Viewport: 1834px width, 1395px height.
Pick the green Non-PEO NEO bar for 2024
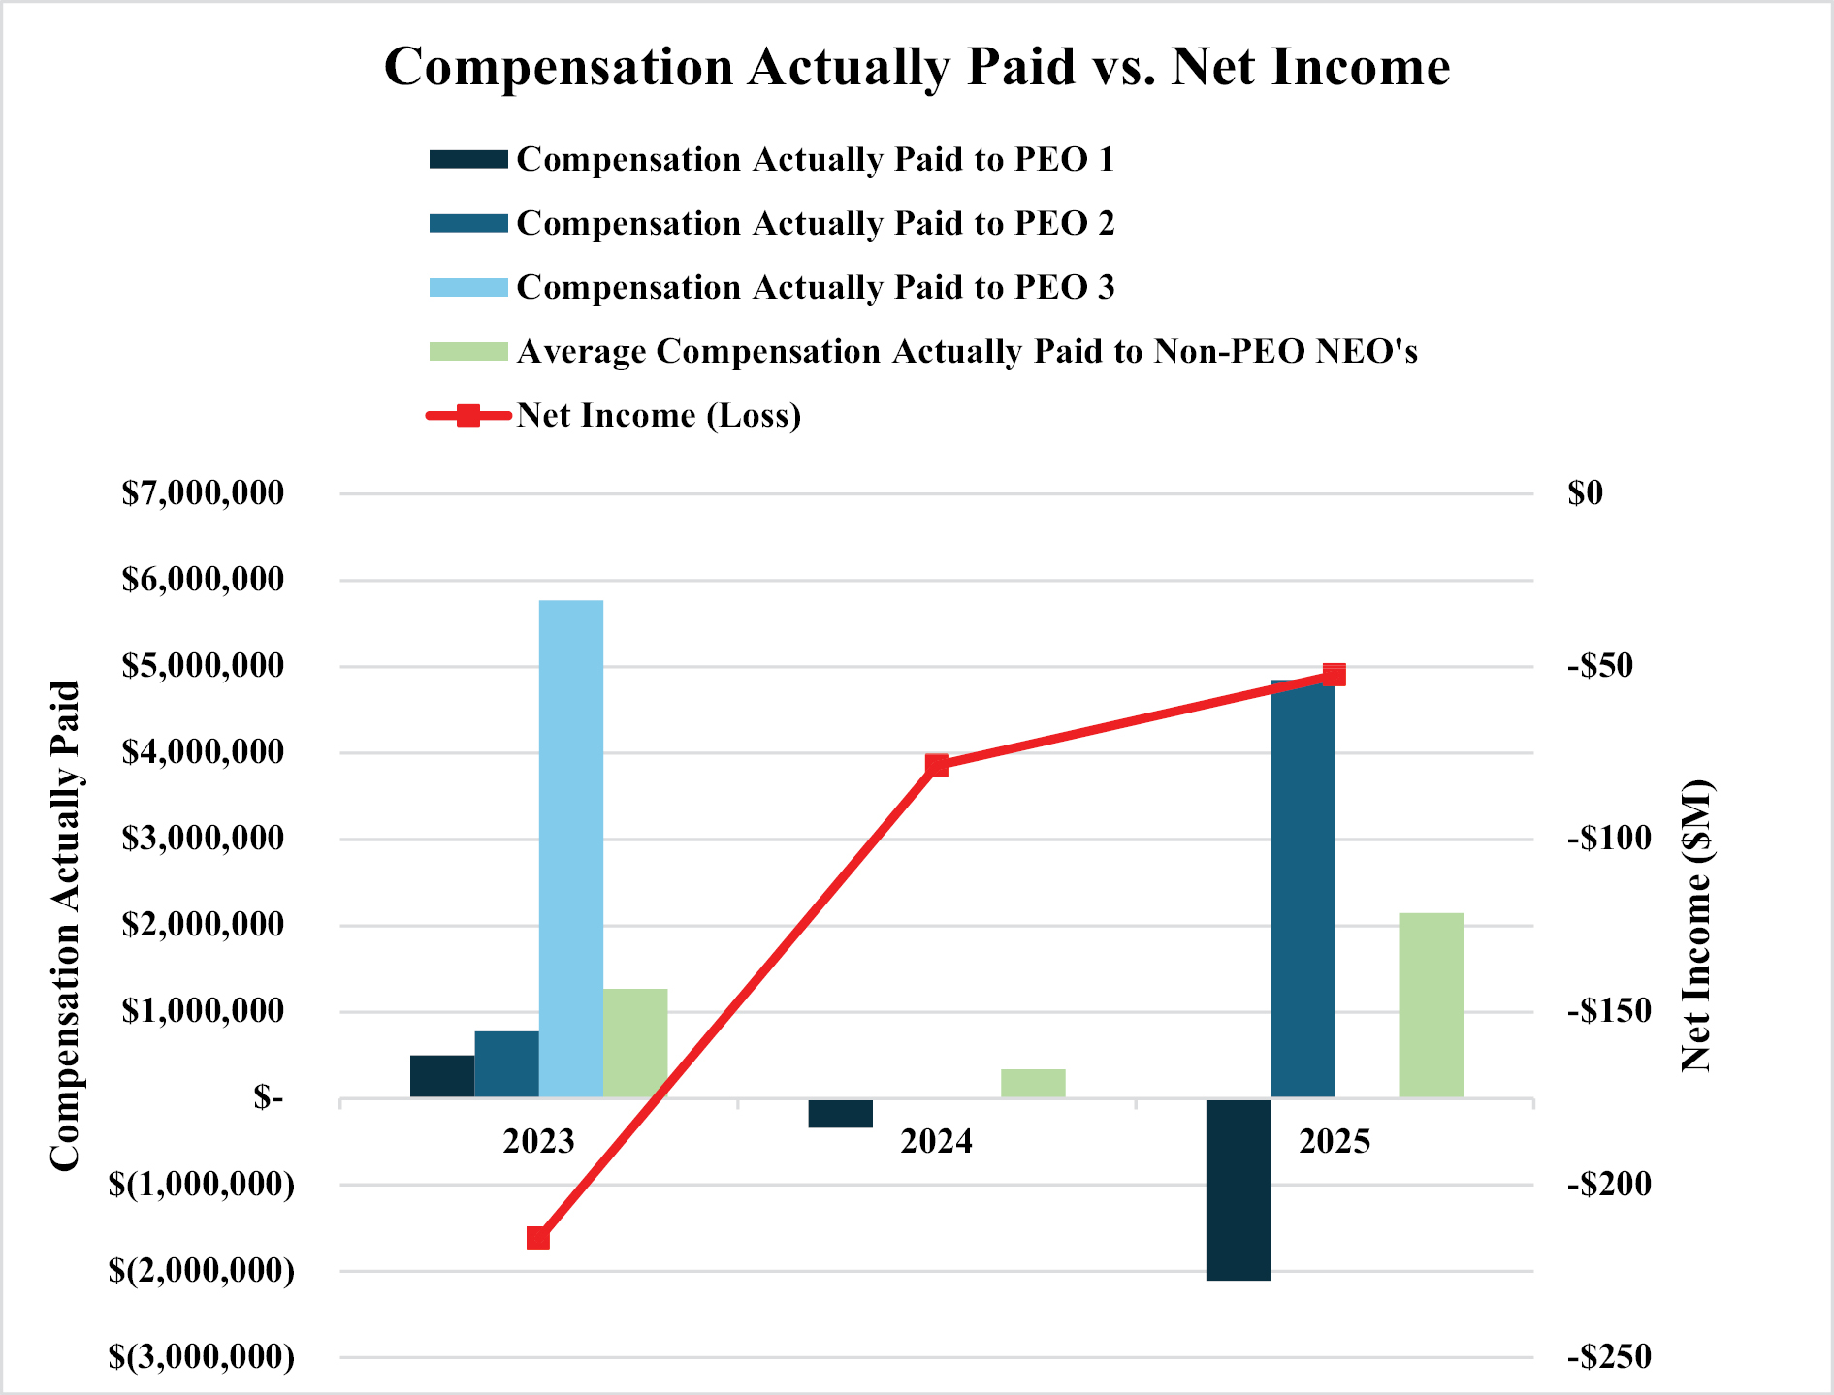click(x=1033, y=1083)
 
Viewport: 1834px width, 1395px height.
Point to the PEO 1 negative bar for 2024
click(x=840, y=1113)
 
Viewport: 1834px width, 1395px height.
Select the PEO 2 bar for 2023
click(x=506, y=1064)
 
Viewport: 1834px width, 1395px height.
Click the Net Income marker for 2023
click(x=538, y=1238)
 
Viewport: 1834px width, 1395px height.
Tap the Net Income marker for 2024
click(x=937, y=766)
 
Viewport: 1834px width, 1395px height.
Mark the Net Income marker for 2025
click(x=1335, y=675)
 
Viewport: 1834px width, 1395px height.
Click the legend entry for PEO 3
click(x=815, y=288)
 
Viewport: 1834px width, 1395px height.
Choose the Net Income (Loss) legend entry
click(x=659, y=416)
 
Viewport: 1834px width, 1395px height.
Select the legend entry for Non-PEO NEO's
click(x=966, y=352)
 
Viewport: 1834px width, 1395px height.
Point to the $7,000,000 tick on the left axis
click(x=203, y=493)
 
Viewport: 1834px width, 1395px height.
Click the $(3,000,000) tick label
click(x=202, y=1356)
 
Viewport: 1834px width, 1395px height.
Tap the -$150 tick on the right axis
click(x=1609, y=1011)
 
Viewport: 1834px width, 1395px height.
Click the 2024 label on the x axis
click(x=936, y=1142)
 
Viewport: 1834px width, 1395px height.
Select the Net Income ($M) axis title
click(x=1696, y=925)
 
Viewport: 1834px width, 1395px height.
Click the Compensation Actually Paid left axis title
click(x=64, y=925)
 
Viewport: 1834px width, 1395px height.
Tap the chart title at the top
click(x=917, y=67)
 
